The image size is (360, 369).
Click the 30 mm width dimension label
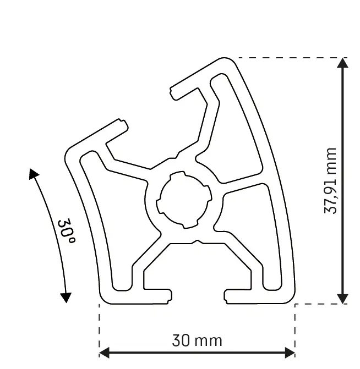[x=197, y=341]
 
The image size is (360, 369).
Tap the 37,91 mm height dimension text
[x=330, y=180]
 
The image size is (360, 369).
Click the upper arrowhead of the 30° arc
[x=34, y=174]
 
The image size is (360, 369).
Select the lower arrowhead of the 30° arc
[x=66, y=298]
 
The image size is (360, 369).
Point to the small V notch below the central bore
[x=197, y=241]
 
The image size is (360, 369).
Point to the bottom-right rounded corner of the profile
[x=290, y=298]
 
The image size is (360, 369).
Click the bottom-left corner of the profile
[x=102, y=300]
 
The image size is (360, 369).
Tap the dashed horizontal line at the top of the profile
[x=286, y=57]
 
